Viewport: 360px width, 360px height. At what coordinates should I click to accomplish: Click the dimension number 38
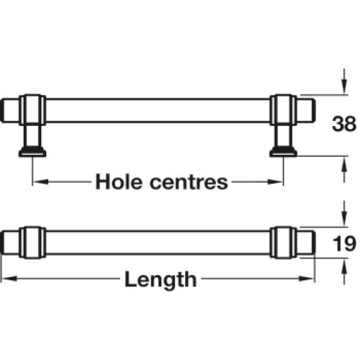pyautogui.click(x=343, y=124)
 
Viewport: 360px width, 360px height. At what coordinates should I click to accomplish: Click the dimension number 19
pyautogui.click(x=344, y=243)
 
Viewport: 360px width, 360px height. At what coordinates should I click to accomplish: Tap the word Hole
pyautogui.click(x=119, y=181)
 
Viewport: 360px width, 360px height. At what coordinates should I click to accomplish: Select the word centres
pyautogui.click(x=189, y=182)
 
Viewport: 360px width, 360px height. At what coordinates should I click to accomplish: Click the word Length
pyautogui.click(x=161, y=279)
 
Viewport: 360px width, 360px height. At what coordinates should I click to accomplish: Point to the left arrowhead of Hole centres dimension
pyautogui.click(x=40, y=181)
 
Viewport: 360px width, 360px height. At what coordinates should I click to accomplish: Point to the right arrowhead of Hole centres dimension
pyautogui.click(x=275, y=181)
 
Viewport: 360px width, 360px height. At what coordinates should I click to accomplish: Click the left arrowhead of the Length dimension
pyautogui.click(x=9, y=279)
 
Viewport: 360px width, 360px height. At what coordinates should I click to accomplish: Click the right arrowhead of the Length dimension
pyautogui.click(x=307, y=279)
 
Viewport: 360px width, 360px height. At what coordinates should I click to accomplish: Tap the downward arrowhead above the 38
pyautogui.click(x=344, y=87)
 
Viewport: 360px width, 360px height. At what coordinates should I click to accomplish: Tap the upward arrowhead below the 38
pyautogui.click(x=344, y=164)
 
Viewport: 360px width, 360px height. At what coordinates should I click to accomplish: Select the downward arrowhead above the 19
pyautogui.click(x=344, y=219)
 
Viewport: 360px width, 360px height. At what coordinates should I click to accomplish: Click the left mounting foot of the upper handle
pyautogui.click(x=32, y=152)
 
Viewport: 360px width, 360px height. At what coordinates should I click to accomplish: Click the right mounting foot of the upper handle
pyautogui.click(x=284, y=152)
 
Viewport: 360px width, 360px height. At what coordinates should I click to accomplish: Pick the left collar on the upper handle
pyautogui.click(x=32, y=110)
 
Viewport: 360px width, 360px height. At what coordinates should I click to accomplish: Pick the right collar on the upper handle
pyautogui.click(x=284, y=110)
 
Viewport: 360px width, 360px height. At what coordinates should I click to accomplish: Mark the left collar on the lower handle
pyautogui.click(x=32, y=243)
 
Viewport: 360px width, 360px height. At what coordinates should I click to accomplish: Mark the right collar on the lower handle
pyautogui.click(x=284, y=243)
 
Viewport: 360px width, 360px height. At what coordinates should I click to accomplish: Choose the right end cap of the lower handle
pyautogui.click(x=306, y=243)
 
